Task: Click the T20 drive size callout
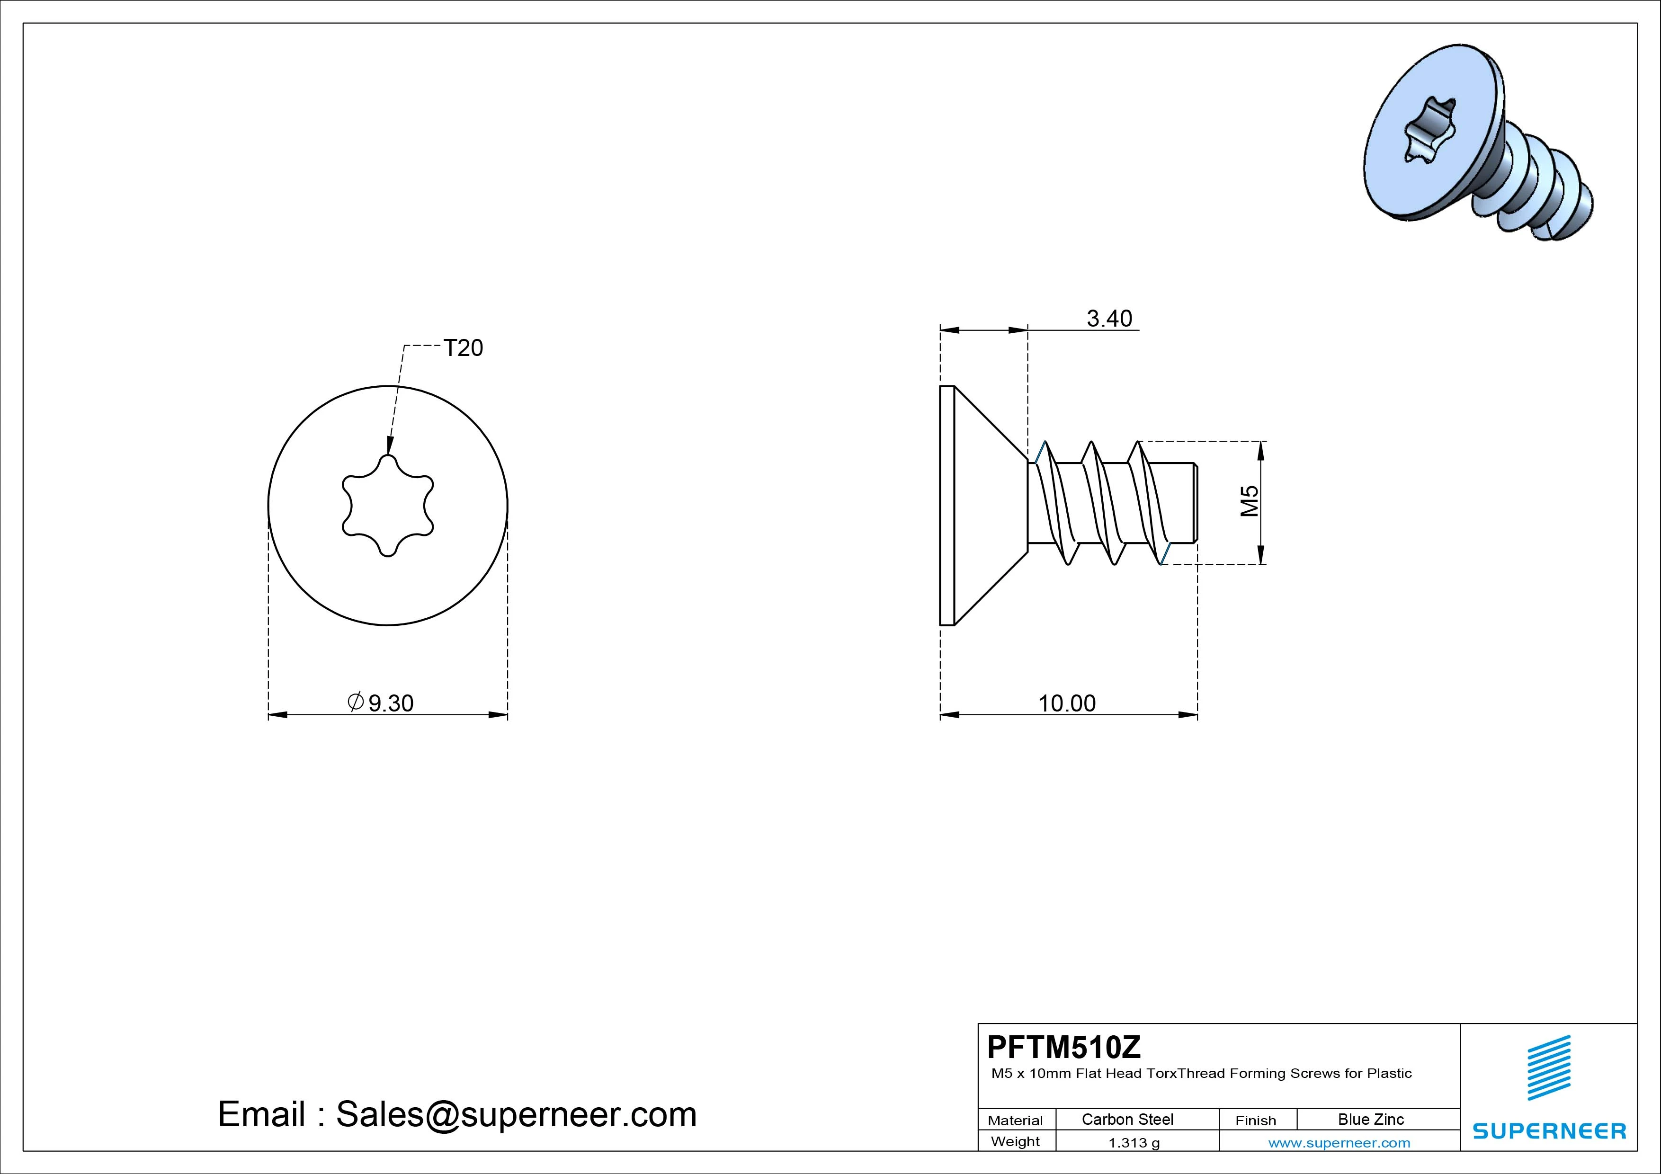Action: click(463, 348)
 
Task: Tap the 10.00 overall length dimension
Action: click(1067, 703)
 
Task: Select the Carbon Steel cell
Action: click(1127, 1119)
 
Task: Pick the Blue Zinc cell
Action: click(1371, 1119)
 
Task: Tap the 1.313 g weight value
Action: click(1134, 1143)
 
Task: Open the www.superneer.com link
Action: click(1339, 1143)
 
